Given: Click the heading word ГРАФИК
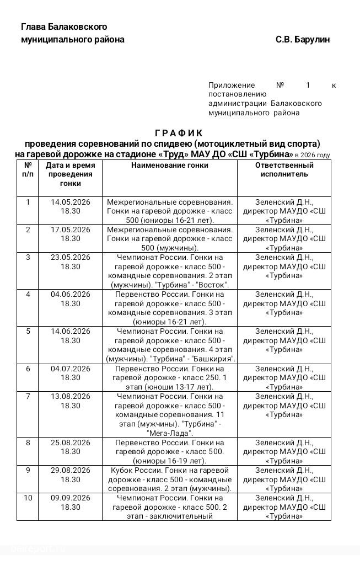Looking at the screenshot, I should tap(179, 133).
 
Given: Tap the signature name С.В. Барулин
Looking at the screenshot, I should tap(303, 40).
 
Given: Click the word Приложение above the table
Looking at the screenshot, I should tap(232, 85).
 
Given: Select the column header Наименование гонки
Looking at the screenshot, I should tap(170, 165).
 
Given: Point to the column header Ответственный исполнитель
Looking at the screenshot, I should tap(284, 169).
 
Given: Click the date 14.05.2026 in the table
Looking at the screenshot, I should tap(71, 202).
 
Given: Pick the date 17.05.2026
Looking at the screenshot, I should tap(71, 230).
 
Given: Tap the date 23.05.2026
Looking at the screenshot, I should tap(71, 257).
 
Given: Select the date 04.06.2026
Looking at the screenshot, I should tap(71, 294).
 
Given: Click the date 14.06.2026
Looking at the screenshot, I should tap(71, 331).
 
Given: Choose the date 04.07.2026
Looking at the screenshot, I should tap(71, 369).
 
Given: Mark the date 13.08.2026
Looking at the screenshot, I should tap(71, 396).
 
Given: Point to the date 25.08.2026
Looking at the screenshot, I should tap(71, 443).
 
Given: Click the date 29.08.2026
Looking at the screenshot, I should tap(71, 470).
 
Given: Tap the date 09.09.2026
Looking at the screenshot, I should tap(71, 498).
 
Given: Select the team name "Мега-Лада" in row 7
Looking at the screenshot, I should tap(170, 433).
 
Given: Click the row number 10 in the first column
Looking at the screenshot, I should tap(28, 498).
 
